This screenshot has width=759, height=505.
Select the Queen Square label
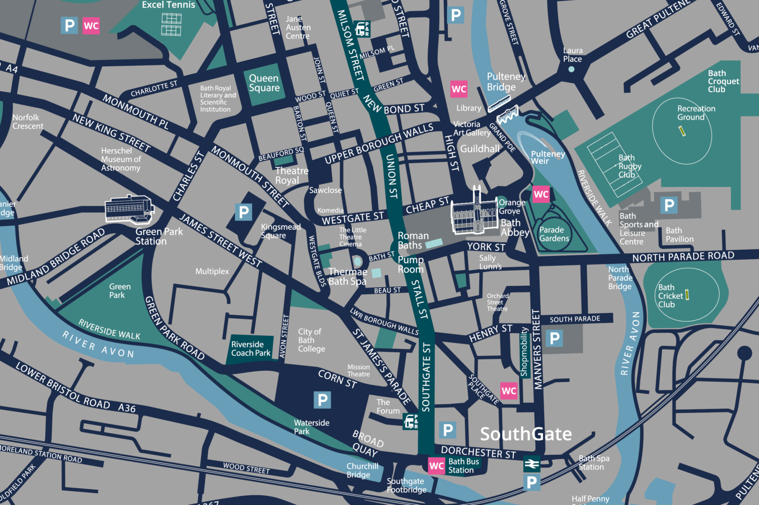pos(264,83)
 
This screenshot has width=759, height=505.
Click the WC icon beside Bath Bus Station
pos(436,466)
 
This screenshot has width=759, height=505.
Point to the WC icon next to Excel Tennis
pos(91,26)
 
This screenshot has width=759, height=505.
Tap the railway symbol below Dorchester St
pos(532,464)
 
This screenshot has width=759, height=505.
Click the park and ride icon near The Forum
pos(411,421)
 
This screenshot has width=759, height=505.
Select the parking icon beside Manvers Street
pos(554,338)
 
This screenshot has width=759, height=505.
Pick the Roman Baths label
pos(413,240)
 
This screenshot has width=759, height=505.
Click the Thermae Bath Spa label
pos(347,276)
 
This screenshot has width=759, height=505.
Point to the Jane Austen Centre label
pos(297,28)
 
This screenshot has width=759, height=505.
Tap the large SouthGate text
pos(526,434)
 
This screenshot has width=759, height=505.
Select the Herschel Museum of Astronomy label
pos(121,159)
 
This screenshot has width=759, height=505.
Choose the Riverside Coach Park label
pos(251,349)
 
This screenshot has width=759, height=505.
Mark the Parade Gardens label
pos(553,234)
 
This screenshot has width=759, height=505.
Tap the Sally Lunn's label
pos(490,262)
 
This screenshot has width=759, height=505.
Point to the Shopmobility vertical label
pos(524,351)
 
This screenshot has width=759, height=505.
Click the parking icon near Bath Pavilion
pos(669,205)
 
